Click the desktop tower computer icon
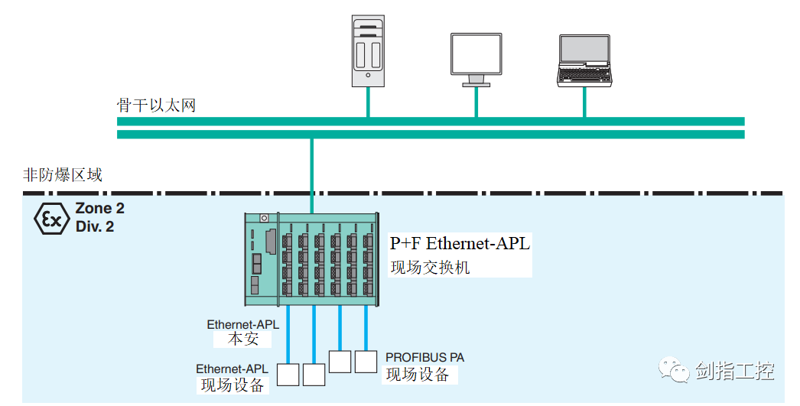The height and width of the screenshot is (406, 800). (x=368, y=50)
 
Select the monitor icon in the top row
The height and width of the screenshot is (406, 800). (x=476, y=58)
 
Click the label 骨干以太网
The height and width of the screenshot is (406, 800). (x=156, y=105)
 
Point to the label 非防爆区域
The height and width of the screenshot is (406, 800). (x=63, y=175)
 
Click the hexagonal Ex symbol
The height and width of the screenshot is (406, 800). (x=51, y=218)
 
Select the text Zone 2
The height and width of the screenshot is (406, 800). (x=99, y=209)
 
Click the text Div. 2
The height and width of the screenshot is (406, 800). (x=95, y=226)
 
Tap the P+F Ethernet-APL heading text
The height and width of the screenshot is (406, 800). (x=460, y=244)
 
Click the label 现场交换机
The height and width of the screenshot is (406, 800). (x=430, y=267)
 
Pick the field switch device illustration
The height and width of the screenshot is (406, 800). (x=312, y=258)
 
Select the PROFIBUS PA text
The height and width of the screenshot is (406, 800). (x=424, y=358)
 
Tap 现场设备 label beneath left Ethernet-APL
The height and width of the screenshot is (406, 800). (x=232, y=385)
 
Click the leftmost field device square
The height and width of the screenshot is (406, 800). (x=288, y=375)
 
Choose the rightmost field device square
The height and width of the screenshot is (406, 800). (x=366, y=360)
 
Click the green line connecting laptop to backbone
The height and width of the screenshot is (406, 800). (x=585, y=102)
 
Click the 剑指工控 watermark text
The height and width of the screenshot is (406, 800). (x=735, y=372)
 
